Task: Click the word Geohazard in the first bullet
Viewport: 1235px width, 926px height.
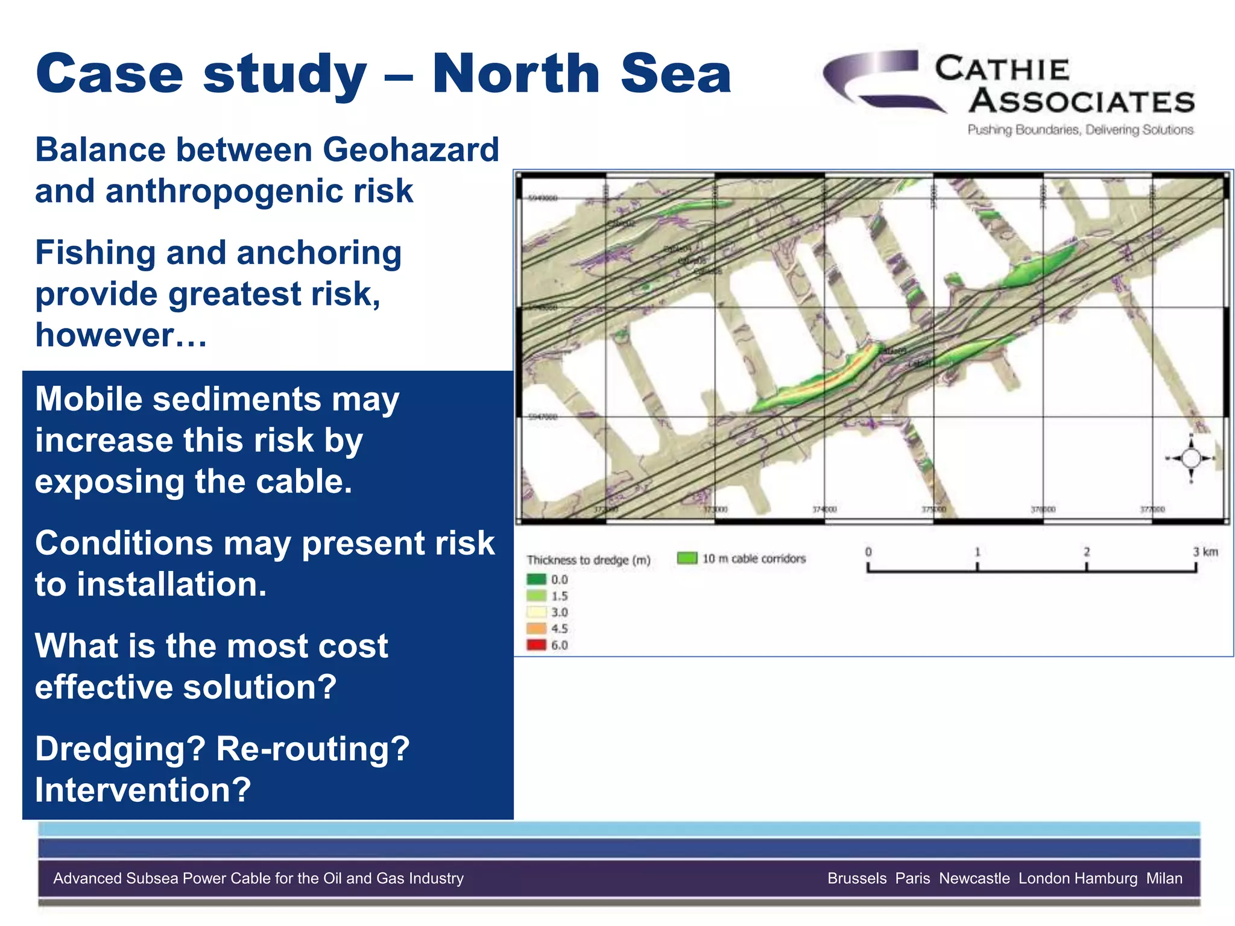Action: [411, 150]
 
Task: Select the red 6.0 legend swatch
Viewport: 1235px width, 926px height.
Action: [536, 645]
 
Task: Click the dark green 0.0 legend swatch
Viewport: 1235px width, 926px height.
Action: [536, 579]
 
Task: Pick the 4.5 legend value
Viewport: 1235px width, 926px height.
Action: [560, 629]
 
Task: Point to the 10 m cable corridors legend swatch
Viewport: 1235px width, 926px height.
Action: [687, 558]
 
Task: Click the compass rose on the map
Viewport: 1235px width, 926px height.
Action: [1190, 459]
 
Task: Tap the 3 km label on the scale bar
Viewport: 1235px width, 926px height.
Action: [1205, 552]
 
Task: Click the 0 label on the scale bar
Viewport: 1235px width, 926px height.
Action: [868, 552]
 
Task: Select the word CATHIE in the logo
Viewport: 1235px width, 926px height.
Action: [1002, 69]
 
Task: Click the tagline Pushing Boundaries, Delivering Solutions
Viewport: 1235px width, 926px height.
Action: [1080, 130]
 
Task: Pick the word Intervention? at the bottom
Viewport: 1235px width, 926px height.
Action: [143, 790]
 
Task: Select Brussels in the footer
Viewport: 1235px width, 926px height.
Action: [857, 878]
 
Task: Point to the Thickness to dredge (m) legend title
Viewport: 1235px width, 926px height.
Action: [589, 560]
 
